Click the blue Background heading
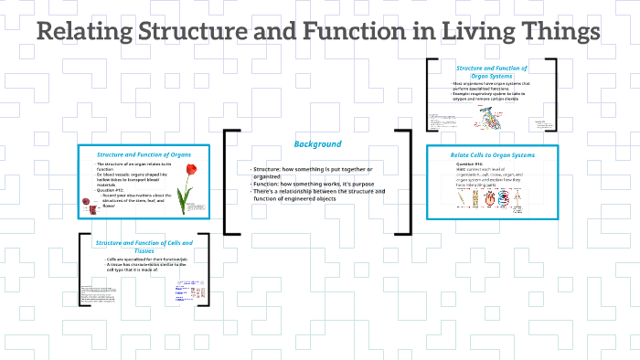click(317, 144)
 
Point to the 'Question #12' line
click(112, 190)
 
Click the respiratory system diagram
click(494, 118)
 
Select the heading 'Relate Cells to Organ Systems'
click(492, 155)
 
